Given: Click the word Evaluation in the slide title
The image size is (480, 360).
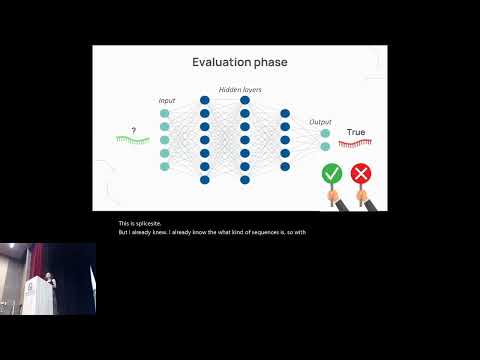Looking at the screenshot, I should click(222, 63).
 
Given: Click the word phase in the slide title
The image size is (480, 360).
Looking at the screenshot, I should click(270, 63).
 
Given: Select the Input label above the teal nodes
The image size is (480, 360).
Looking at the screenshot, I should click(166, 101).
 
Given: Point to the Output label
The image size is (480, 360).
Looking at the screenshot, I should click(320, 122).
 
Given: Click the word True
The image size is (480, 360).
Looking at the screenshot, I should click(356, 132).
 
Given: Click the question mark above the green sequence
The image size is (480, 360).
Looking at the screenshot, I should click(132, 130).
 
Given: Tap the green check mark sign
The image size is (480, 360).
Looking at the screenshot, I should click(332, 174).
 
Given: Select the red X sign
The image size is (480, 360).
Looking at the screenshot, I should click(361, 174).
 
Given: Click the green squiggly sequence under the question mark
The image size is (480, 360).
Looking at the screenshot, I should click(132, 141).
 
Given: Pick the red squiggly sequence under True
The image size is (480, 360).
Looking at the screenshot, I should click(356, 144).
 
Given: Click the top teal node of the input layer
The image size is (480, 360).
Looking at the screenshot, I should click(165, 114).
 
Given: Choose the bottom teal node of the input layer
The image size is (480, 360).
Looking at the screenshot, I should click(165, 166).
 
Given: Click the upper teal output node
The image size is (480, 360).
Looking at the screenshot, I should click(325, 133).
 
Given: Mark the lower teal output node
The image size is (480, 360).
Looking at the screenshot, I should click(325, 147).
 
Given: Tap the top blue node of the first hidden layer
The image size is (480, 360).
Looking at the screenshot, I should click(205, 100).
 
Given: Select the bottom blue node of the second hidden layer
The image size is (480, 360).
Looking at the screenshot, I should click(245, 180).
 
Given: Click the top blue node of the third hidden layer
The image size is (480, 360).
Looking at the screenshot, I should click(285, 114).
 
